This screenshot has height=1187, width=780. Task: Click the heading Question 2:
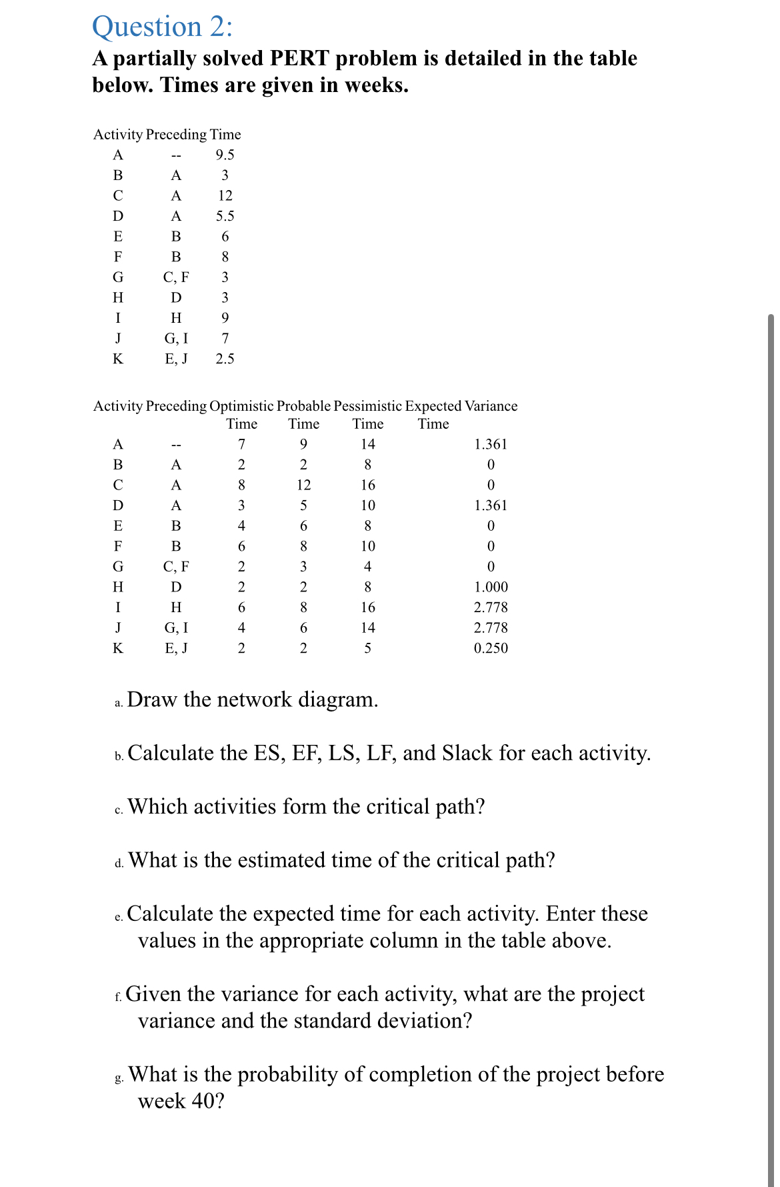(x=163, y=27)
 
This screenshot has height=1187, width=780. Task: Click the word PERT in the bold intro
(x=299, y=59)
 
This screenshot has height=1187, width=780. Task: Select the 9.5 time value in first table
(x=225, y=155)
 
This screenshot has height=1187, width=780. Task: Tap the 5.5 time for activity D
(x=225, y=216)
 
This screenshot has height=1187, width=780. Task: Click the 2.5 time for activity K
(x=225, y=359)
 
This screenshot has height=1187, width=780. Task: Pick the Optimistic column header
(x=241, y=406)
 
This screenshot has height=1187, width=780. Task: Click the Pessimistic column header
(x=367, y=406)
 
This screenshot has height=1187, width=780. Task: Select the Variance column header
(x=491, y=406)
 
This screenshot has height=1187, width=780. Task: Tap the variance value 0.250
(x=491, y=648)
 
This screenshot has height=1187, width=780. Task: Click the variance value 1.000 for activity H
(x=491, y=587)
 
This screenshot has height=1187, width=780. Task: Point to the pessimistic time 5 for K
(x=367, y=648)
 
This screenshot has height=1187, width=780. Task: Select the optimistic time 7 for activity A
(x=241, y=444)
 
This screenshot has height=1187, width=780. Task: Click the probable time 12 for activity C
(x=303, y=485)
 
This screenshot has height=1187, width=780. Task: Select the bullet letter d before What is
(x=119, y=864)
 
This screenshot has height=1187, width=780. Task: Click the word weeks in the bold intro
(x=373, y=85)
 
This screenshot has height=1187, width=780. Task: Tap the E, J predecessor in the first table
(x=176, y=359)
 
